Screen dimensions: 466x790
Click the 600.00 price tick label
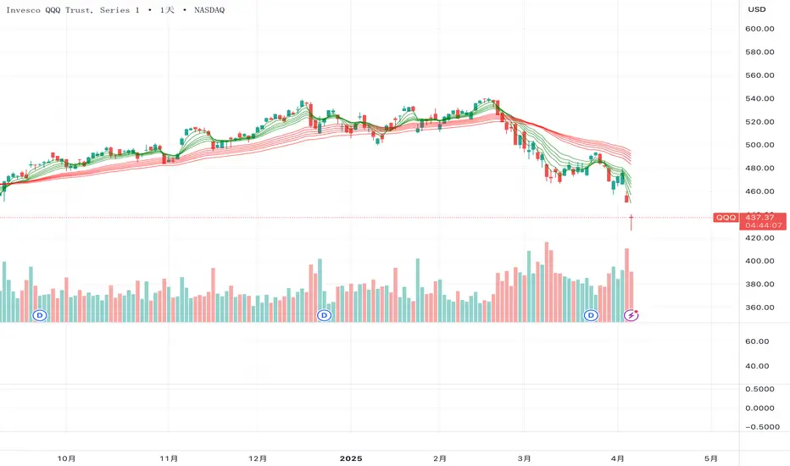coord(760,29)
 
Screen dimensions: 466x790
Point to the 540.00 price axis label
coord(760,98)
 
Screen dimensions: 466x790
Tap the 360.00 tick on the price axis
coord(760,308)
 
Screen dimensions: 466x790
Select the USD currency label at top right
coord(756,9)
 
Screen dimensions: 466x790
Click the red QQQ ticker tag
coord(726,218)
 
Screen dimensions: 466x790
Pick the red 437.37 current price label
coord(760,217)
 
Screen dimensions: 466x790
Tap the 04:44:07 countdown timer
coord(760,225)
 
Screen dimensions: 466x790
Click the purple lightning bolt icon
coord(631,315)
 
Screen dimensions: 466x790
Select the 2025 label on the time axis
coord(350,458)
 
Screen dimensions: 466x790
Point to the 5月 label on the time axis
coord(710,458)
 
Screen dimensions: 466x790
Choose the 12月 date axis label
coord(259,458)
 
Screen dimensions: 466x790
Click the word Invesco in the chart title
coord(25,10)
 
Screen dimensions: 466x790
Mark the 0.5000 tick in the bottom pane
coord(760,389)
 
